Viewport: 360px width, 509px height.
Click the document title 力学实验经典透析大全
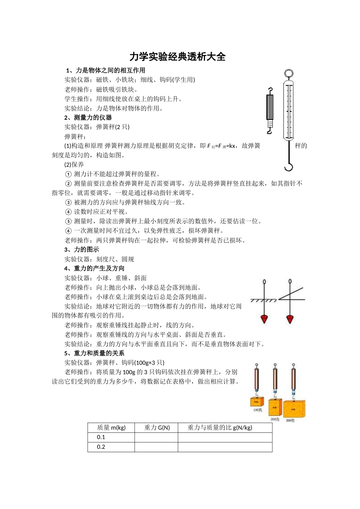click(x=177, y=57)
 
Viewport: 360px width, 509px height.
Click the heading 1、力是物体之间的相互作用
click(x=105, y=70)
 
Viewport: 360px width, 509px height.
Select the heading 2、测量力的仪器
click(x=88, y=117)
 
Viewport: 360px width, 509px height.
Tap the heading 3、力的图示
click(x=81, y=250)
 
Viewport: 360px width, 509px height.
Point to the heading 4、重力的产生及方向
click(x=94, y=269)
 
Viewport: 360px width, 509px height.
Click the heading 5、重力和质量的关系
click(x=94, y=353)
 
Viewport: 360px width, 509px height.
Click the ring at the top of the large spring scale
click(x=288, y=73)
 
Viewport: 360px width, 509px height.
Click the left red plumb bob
click(x=265, y=319)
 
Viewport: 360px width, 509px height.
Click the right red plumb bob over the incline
click(x=290, y=319)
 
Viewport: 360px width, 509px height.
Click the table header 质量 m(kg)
click(x=111, y=428)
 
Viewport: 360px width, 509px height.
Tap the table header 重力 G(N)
click(x=157, y=428)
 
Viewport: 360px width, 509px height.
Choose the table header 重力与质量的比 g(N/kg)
click(x=220, y=428)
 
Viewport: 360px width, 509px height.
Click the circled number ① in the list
click(x=68, y=174)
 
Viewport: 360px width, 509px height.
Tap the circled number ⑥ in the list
click(x=68, y=231)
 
